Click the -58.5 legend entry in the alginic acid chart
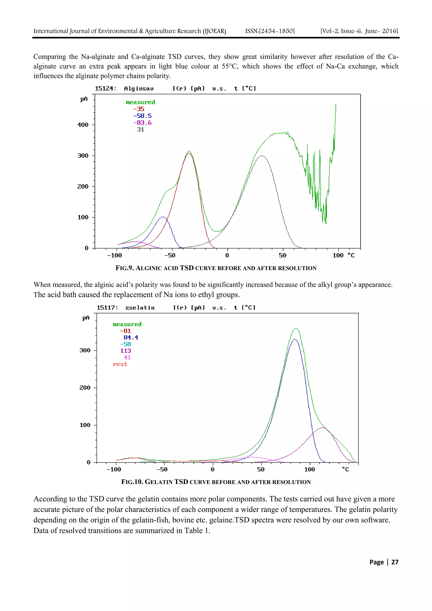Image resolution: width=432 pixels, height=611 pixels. [x=142, y=116]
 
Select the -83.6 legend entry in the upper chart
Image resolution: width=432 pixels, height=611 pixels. [x=142, y=123]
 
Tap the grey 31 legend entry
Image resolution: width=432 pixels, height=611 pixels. [x=140, y=129]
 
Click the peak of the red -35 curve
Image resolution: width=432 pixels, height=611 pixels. [x=189, y=153]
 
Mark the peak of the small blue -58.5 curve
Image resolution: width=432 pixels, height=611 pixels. [x=163, y=217]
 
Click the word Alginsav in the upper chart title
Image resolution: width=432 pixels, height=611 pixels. [x=139, y=89]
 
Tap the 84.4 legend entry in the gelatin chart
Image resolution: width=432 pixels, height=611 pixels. [x=131, y=337]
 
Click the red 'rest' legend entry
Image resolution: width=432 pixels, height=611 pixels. [x=120, y=364]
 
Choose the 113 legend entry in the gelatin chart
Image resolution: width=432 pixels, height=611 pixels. [x=126, y=351]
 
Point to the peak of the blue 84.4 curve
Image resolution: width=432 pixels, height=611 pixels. [x=295, y=339]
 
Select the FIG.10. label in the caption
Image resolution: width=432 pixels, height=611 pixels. [x=132, y=482]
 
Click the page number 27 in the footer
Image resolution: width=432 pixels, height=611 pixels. [x=395, y=562]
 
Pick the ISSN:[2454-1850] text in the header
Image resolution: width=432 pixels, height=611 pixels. [x=270, y=31]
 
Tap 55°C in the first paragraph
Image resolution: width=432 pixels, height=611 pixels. [x=230, y=66]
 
